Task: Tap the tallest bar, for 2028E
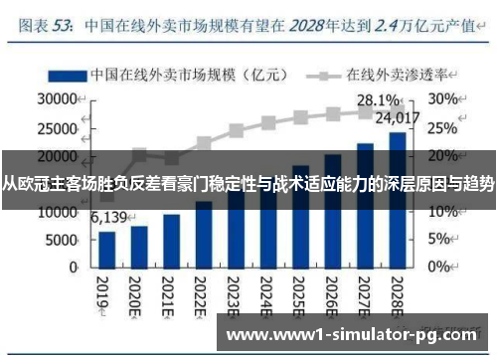[397, 199]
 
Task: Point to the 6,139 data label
[109, 217]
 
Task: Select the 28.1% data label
[377, 99]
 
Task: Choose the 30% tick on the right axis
[443, 99]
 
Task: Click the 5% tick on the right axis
[439, 240]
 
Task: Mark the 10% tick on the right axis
[443, 212]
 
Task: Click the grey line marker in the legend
[322, 75]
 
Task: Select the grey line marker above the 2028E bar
[397, 112]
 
